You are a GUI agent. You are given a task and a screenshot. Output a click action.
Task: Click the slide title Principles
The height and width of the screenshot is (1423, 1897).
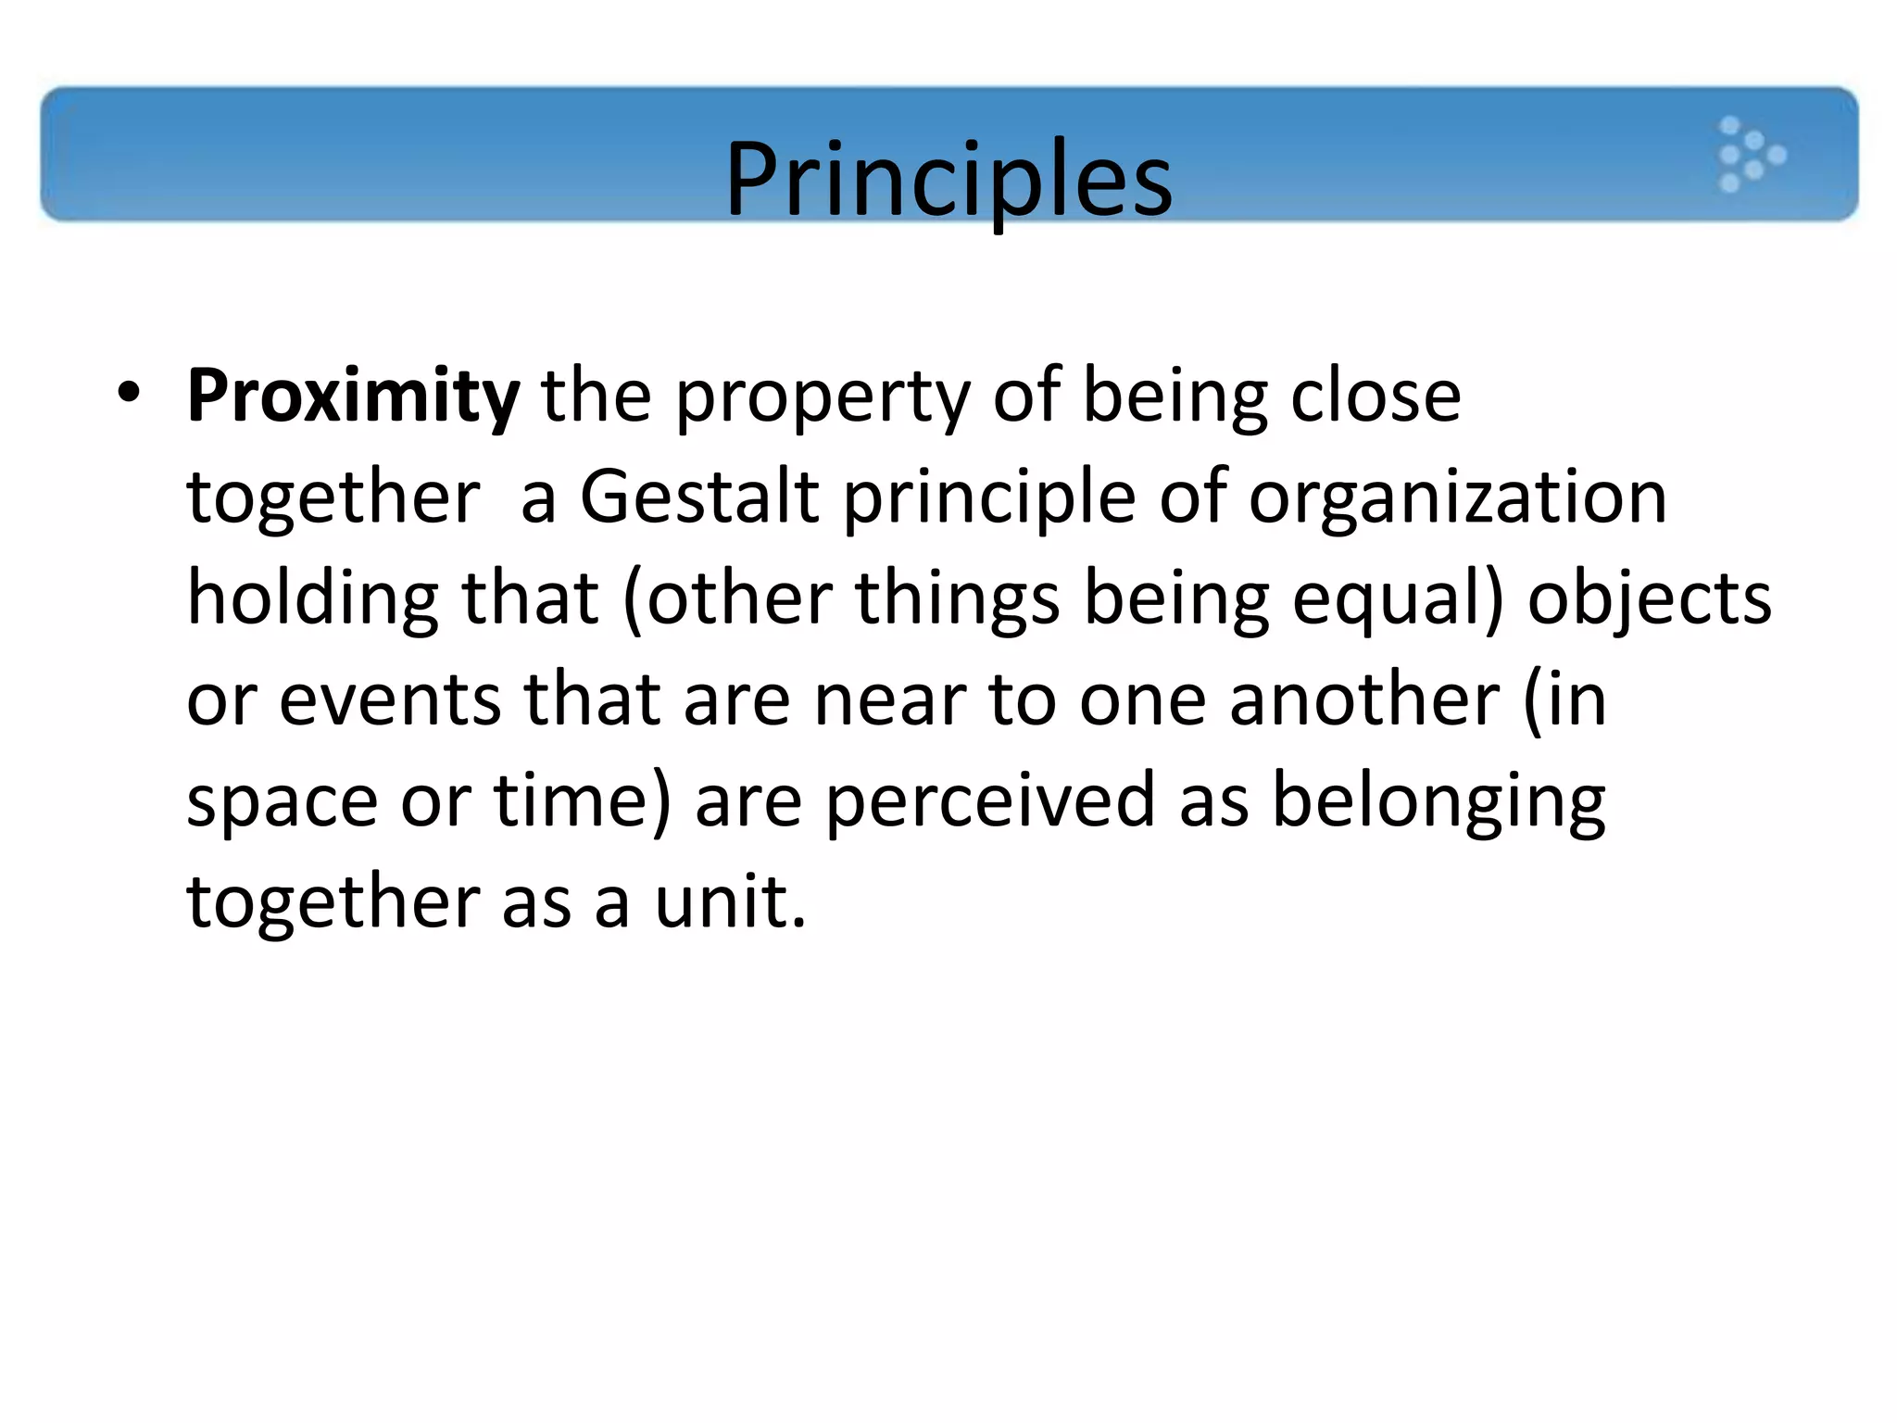pyautogui.click(x=948, y=178)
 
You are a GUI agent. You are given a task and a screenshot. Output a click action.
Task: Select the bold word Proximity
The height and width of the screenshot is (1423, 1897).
pyautogui.click(x=353, y=397)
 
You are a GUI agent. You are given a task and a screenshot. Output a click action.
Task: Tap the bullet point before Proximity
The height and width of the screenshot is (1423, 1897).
pyautogui.click(x=129, y=393)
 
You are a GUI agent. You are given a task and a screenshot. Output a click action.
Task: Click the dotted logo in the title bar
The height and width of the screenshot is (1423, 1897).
pyautogui.click(x=1750, y=155)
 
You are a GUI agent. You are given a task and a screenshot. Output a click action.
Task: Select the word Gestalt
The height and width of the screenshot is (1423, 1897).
pyautogui.click(x=699, y=497)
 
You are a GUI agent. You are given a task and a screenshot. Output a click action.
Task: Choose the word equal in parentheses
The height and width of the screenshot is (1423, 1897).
pyautogui.click(x=1386, y=600)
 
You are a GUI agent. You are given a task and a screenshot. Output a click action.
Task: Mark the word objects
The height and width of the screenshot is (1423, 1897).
pyautogui.click(x=1649, y=600)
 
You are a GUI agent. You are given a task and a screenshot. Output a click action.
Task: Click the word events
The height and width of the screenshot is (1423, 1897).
pyautogui.click(x=390, y=700)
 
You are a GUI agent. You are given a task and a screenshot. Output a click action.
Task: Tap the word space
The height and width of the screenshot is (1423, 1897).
pyautogui.click(x=282, y=802)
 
